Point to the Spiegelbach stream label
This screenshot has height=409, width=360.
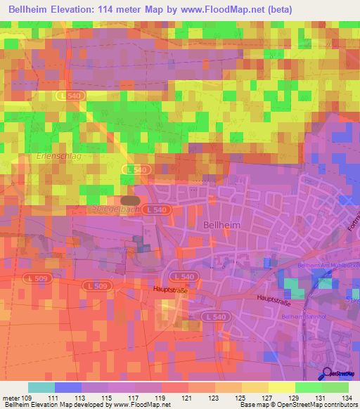tap(111, 210)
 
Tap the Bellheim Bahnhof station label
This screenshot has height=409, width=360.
tap(303, 317)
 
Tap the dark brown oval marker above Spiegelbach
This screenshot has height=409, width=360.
tap(130, 200)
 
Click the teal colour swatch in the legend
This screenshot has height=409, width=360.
tap(41, 387)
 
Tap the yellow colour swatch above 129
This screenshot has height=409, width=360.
tap(281, 387)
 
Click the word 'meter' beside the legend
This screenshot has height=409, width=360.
tap(12, 398)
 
